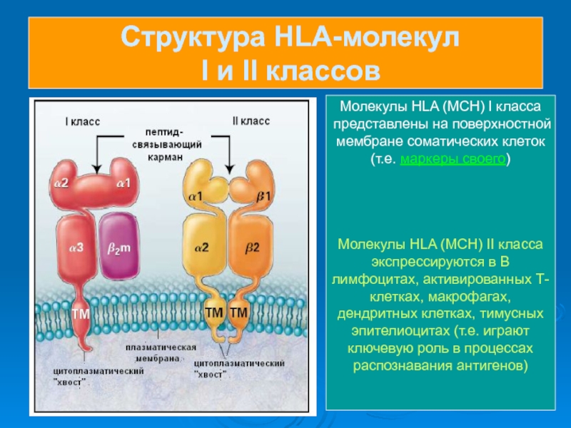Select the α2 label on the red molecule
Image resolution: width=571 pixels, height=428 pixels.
point(61,183)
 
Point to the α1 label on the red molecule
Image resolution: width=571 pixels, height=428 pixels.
point(123,183)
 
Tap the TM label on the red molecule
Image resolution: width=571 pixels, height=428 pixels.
point(81,312)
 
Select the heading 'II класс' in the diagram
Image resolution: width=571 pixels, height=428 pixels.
point(251,121)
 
